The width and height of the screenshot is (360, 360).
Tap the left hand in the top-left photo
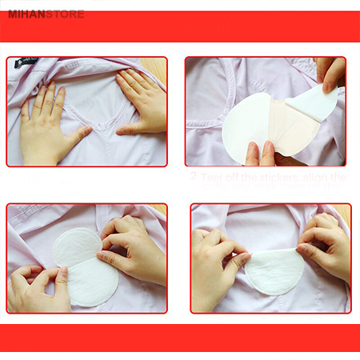coord(44,120)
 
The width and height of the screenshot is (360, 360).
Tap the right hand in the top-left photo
coord(141,100)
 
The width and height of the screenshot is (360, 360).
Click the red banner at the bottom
coord(180,338)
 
